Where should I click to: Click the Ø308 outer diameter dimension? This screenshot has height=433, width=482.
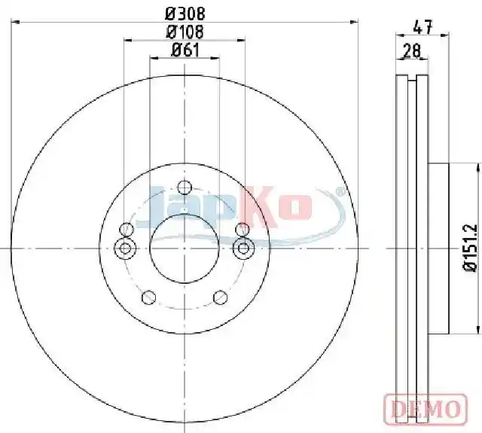click(185, 14)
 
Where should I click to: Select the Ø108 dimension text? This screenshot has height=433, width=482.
click(185, 32)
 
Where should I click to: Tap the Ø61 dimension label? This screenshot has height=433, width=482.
click(185, 50)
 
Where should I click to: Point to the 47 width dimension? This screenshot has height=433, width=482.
click(423, 27)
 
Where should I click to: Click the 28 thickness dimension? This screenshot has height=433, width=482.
click(412, 51)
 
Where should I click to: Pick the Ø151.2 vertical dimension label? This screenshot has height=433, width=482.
click(470, 248)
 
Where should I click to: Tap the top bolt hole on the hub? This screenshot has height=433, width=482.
click(185, 188)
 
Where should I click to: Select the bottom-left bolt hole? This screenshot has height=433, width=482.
click(149, 297)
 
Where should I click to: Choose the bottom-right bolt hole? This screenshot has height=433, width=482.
click(221, 297)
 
